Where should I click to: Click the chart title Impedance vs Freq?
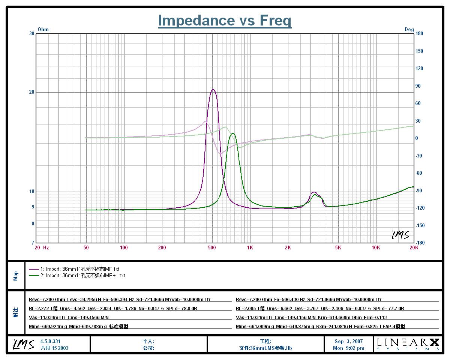(x=225, y=20)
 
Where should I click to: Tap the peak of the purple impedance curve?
(x=213, y=89)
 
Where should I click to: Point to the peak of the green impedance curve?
(x=233, y=133)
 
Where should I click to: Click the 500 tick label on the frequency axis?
(x=212, y=247)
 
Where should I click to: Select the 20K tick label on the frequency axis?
(x=414, y=247)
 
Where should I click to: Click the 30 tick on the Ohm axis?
(x=31, y=33)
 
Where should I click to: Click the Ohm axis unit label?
(x=43, y=29)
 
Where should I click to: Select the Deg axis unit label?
(x=409, y=29)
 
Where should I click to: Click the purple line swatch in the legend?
(x=34, y=269)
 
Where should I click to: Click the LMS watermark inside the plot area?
(x=400, y=235)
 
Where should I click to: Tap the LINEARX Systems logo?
(x=408, y=344)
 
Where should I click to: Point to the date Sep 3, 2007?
(x=348, y=341)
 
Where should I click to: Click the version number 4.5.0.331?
(x=50, y=341)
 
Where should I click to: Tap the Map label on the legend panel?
(x=16, y=276)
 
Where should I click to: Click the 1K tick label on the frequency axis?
(x=250, y=247)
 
